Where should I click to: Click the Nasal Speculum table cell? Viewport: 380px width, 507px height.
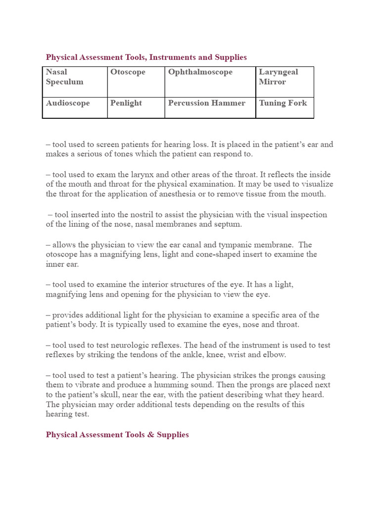[75, 82]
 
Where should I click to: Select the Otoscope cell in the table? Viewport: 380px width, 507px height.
[136, 82]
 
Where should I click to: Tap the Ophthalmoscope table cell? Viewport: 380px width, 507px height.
[210, 82]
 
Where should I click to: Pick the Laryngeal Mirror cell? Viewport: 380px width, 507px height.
[285, 82]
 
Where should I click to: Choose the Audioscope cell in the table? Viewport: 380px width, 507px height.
[75, 107]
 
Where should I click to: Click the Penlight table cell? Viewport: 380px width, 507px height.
[136, 107]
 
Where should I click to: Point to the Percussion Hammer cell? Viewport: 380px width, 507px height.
[210, 107]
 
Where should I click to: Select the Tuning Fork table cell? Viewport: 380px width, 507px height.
[285, 107]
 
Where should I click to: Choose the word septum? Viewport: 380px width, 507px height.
[228, 224]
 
